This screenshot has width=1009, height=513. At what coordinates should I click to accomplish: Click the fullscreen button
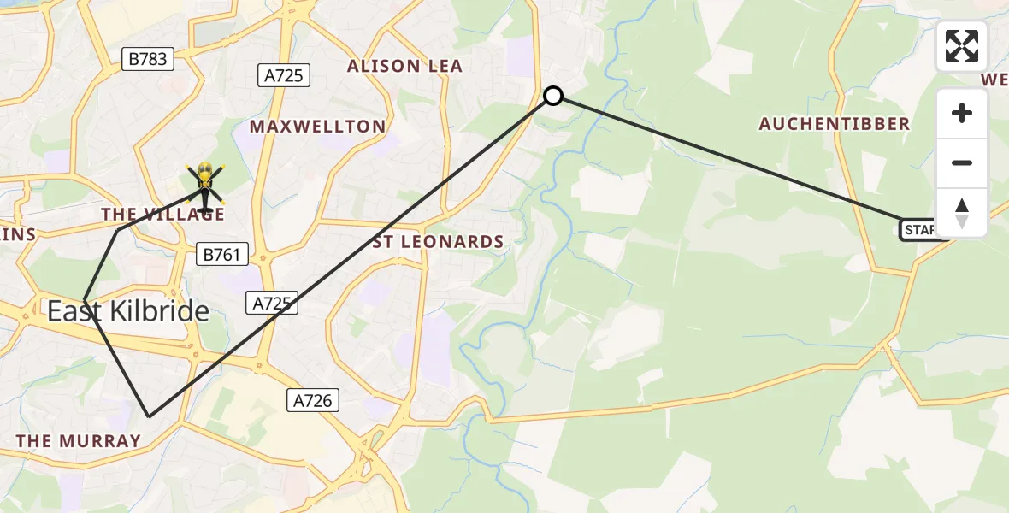coord(962,46)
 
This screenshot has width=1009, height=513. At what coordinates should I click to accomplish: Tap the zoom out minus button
coord(962,162)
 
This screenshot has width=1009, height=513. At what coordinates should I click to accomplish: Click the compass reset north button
coord(962,213)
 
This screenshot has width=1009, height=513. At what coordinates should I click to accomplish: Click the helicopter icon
coord(205,185)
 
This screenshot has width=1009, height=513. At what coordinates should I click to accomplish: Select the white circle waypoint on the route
coord(553,96)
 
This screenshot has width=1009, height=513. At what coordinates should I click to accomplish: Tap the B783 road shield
coord(148,59)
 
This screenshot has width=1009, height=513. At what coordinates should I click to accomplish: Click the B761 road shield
coord(221,254)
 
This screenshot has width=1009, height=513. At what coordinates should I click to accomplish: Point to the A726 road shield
coord(312,399)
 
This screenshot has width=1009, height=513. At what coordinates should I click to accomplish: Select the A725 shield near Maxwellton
coord(283,75)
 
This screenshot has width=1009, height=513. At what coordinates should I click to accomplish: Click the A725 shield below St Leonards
coord(273,302)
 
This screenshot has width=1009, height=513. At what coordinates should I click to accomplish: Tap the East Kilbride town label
coord(128,311)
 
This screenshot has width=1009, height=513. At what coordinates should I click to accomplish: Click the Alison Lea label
coord(404,66)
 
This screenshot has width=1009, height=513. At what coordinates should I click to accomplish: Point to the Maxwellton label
coord(317,127)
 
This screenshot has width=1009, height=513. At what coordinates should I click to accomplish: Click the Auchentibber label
coord(835,124)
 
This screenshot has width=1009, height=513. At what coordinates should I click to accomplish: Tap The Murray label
coord(79,441)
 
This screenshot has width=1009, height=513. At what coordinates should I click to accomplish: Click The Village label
coord(162,214)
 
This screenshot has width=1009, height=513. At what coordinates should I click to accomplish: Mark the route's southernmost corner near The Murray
coord(150,416)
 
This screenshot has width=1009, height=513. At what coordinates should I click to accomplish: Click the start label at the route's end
coord(919,229)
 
